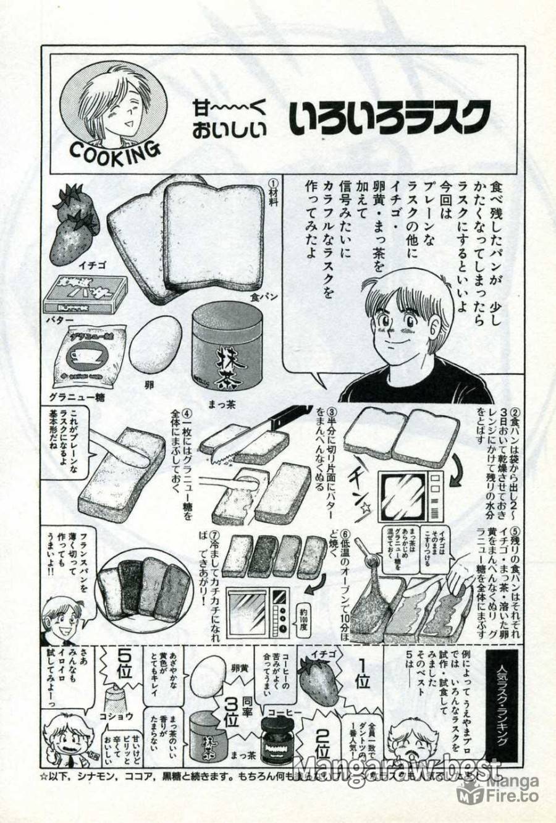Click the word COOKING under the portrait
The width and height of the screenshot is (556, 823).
(115, 151)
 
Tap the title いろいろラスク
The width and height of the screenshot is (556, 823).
(390, 116)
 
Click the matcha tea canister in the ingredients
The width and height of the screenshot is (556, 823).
(227, 350)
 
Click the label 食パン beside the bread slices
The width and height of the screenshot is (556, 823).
(263, 297)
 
